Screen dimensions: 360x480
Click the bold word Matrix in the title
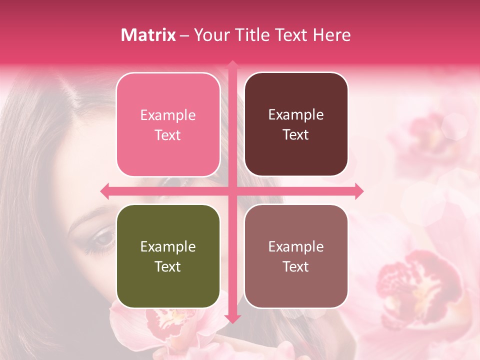148,35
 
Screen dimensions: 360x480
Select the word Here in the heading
331,35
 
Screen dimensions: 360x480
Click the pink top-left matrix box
168,124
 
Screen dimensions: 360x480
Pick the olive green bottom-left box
168,256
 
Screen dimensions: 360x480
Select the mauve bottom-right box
296,256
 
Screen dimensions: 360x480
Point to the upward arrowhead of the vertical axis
232,64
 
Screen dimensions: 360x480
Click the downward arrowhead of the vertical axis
232,319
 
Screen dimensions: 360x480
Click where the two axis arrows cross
232,191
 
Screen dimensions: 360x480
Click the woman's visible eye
103,239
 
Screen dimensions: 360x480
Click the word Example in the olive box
168,247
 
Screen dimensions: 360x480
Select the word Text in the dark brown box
296,134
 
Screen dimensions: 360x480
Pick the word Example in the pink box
168,115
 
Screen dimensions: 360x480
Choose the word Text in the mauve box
296,266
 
